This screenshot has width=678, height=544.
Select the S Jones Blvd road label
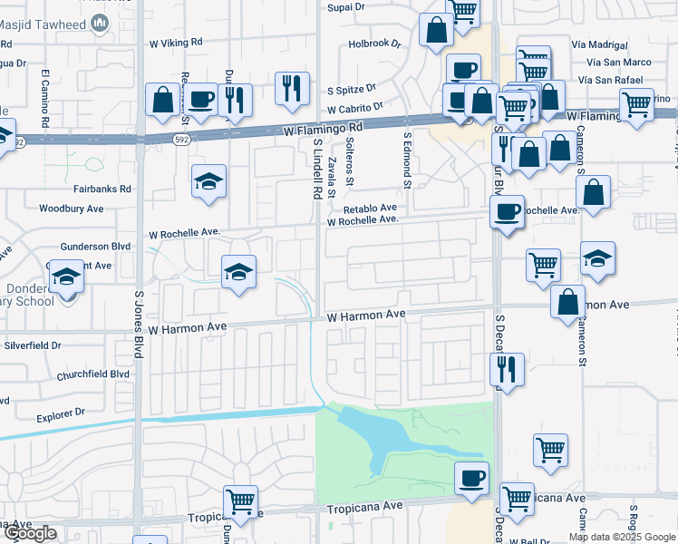(139, 323)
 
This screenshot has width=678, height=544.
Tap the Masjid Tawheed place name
(59, 28)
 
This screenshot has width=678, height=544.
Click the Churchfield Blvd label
(94, 374)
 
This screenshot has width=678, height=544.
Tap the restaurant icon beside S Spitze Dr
(293, 88)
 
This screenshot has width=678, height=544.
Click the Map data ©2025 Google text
(622, 537)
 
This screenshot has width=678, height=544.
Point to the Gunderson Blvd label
(95, 246)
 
